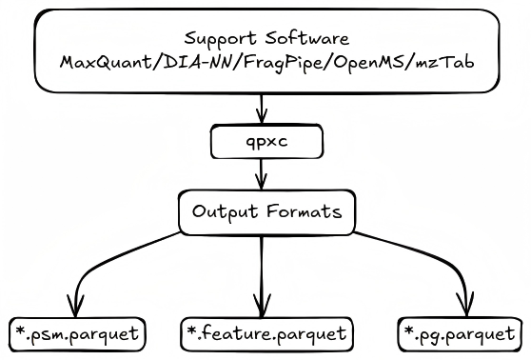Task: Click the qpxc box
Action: coord(262,143)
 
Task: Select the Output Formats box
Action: coord(262,211)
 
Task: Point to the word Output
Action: coord(221,211)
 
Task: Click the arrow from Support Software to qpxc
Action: coord(262,109)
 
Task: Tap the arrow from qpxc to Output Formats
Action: coord(262,175)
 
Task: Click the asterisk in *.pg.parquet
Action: coord(407,330)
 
